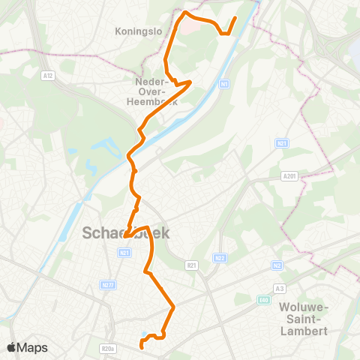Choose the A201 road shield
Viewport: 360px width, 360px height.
click(x=291, y=175)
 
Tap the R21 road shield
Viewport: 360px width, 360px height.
click(x=191, y=265)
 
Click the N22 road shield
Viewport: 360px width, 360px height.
click(x=220, y=258)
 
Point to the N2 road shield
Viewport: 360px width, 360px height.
click(x=277, y=265)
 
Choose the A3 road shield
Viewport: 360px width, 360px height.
click(x=280, y=288)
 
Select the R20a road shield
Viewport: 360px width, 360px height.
click(x=108, y=348)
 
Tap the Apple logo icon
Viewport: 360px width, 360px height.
click(x=12, y=347)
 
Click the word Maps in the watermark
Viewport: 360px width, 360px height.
click(x=33, y=348)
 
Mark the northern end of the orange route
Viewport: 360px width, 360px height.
click(x=235, y=18)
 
